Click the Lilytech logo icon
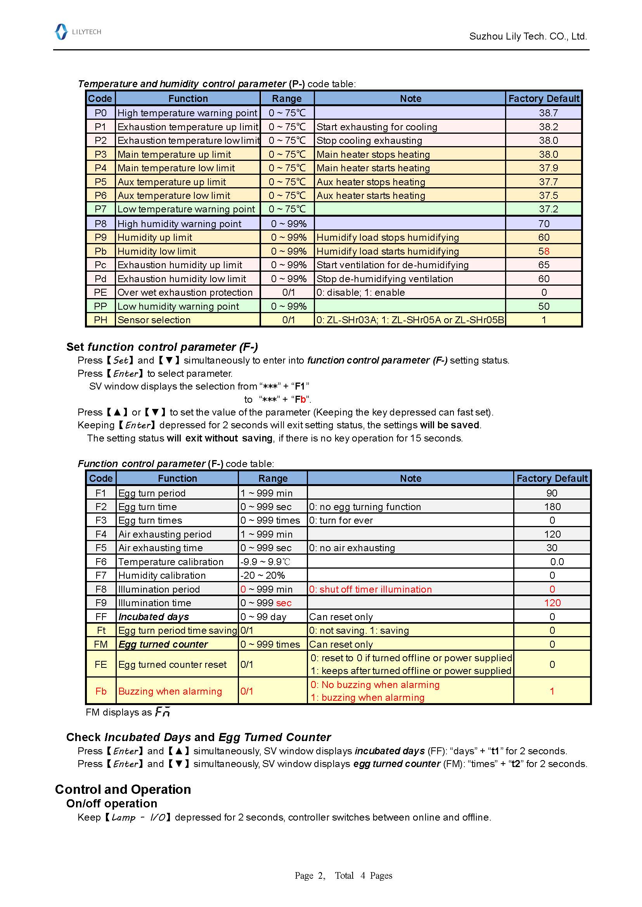[x=61, y=32]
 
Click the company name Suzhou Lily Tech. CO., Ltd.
[x=528, y=36]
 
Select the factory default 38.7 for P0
[x=548, y=113]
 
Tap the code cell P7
[x=100, y=209]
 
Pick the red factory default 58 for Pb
[x=544, y=251]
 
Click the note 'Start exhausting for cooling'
[x=377, y=127]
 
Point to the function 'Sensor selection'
[x=154, y=320]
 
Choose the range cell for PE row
[x=288, y=292]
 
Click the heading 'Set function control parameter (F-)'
[x=162, y=347]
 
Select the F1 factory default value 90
[x=552, y=493]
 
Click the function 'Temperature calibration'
[x=171, y=562]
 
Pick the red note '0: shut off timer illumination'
[x=370, y=590]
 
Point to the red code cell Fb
[x=101, y=691]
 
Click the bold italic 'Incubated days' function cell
[x=153, y=617]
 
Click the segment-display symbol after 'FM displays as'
[x=163, y=712]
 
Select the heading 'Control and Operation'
[x=123, y=789]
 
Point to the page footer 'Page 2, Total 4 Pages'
[x=343, y=876]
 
